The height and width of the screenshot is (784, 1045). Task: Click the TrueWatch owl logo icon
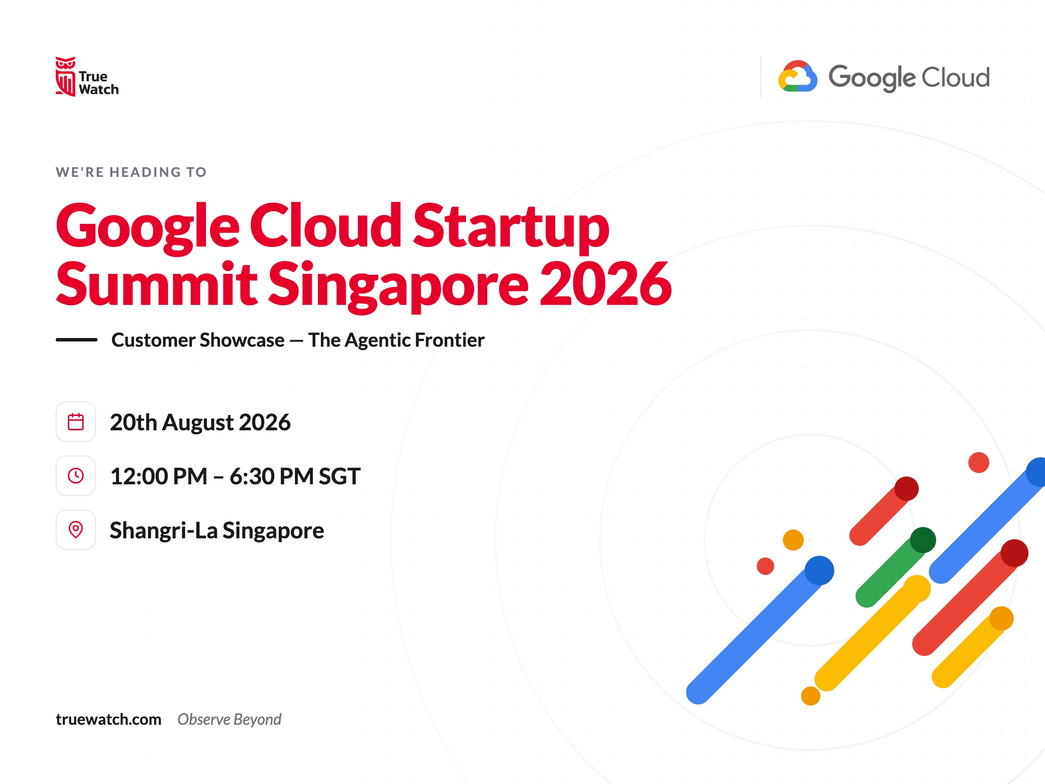pos(65,77)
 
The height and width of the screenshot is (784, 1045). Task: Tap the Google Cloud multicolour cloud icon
pos(797,76)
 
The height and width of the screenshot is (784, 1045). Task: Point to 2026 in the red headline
pos(606,283)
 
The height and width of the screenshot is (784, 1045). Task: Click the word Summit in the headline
pos(156,283)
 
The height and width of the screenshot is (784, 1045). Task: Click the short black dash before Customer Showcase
pos(77,340)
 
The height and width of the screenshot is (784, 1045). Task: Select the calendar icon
pos(76,422)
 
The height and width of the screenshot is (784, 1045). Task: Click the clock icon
pos(76,476)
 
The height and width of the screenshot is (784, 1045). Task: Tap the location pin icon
pos(76,529)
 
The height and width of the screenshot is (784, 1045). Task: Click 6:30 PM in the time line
pos(272,476)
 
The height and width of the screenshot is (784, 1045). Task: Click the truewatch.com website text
pos(109,719)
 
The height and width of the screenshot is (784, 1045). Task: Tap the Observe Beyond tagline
pos(229,720)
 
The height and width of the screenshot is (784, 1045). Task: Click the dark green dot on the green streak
pos(923,540)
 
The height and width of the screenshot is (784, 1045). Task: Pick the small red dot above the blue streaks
pos(978,462)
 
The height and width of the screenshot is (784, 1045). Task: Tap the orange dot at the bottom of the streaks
pos(811,696)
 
